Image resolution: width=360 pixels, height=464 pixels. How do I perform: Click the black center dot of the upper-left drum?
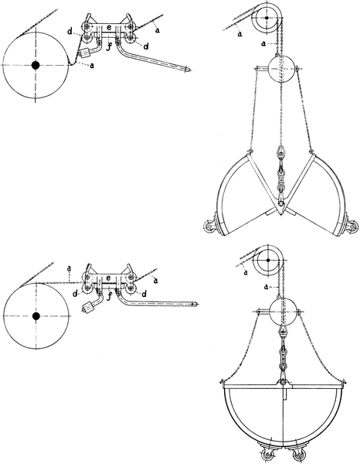(x=36, y=65)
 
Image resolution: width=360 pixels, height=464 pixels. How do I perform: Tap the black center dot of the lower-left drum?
(x=36, y=316)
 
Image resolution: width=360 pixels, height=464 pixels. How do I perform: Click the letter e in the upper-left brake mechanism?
(x=109, y=28)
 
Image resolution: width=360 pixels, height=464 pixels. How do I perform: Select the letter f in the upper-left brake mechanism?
(x=108, y=46)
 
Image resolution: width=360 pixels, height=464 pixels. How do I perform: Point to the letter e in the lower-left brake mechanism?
(x=108, y=278)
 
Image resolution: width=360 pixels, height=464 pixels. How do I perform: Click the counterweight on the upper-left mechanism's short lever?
(x=84, y=54)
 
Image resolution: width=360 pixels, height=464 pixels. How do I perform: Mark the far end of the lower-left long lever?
(x=195, y=304)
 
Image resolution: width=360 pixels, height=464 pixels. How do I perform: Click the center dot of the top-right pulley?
(x=267, y=18)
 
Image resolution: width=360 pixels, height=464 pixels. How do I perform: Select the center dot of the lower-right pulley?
(x=268, y=260)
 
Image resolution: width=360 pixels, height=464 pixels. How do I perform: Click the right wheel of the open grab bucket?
(x=352, y=227)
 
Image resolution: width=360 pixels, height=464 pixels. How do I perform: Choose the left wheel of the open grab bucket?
(x=209, y=227)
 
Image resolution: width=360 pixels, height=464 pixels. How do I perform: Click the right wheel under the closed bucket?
(x=297, y=455)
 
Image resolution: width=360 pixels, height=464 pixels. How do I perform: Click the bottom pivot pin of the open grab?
(x=280, y=203)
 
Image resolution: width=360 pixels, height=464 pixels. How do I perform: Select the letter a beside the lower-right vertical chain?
(x=267, y=287)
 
